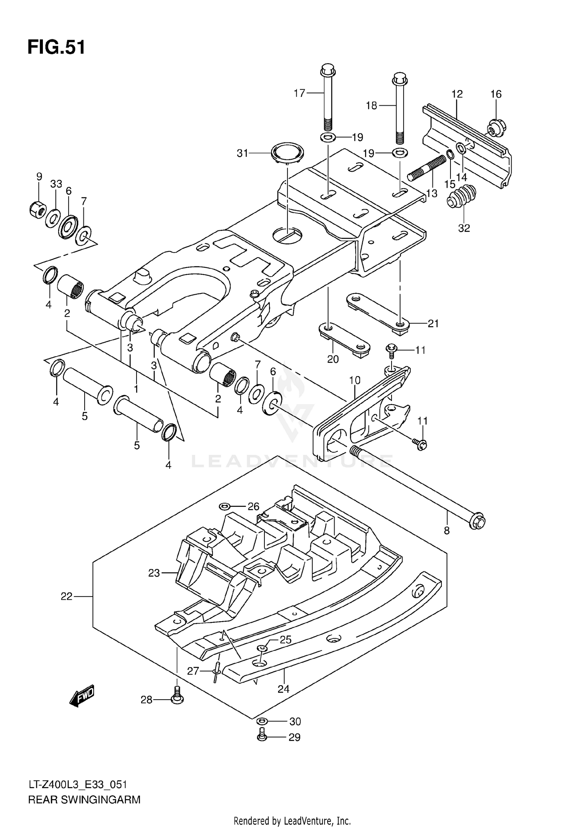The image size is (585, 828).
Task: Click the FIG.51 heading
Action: pos(56,47)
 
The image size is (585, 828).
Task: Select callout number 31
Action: pos(242,154)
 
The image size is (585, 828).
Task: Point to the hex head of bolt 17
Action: pos(326,71)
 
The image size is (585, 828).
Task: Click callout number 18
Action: pos(371,105)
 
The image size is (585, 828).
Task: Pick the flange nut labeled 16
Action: pos(497,127)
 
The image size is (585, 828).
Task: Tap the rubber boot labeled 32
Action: pos(462,197)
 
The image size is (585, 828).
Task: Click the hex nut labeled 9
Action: pos(38,210)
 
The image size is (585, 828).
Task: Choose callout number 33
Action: pos(56,183)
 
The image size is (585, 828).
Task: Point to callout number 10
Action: pos(355,380)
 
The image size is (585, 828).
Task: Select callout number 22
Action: pos(66,596)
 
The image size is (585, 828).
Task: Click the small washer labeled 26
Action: pos(225,506)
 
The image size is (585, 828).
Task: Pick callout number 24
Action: pos(284,689)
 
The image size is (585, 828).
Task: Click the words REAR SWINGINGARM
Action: pos(84,800)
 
